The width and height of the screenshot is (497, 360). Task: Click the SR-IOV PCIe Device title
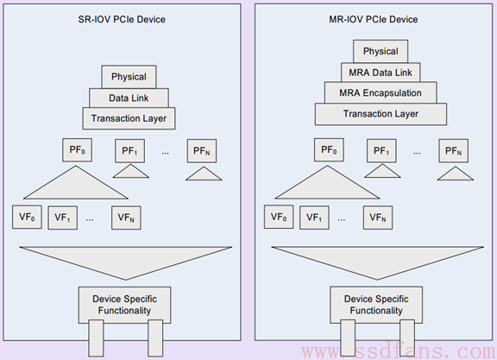click(122, 19)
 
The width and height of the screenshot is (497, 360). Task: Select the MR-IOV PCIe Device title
click(374, 19)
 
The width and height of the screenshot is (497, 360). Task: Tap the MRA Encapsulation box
click(381, 92)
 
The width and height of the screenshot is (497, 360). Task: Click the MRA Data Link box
click(381, 73)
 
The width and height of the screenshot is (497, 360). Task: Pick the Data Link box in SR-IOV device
click(129, 98)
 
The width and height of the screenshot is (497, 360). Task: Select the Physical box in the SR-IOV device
click(129, 77)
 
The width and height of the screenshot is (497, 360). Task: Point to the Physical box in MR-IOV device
click(381, 51)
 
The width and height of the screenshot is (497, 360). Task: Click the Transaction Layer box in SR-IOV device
click(129, 118)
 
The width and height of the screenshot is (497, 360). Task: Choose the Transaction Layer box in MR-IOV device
click(381, 114)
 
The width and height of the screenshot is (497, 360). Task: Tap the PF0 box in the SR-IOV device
click(78, 150)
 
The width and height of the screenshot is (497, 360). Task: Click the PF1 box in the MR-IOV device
click(381, 151)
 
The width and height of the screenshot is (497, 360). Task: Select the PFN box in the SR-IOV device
click(202, 151)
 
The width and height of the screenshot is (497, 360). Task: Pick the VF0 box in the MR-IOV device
click(279, 217)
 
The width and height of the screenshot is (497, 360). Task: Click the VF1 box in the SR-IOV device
click(62, 218)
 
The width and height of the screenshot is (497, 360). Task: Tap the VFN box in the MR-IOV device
click(378, 218)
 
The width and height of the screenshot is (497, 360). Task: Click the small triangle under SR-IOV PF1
click(131, 172)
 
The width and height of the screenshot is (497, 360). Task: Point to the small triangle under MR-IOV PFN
click(456, 174)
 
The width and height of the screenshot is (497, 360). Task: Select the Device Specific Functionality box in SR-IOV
click(124, 305)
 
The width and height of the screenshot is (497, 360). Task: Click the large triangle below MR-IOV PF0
click(327, 186)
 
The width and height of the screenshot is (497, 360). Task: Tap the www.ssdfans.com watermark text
click(399, 351)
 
